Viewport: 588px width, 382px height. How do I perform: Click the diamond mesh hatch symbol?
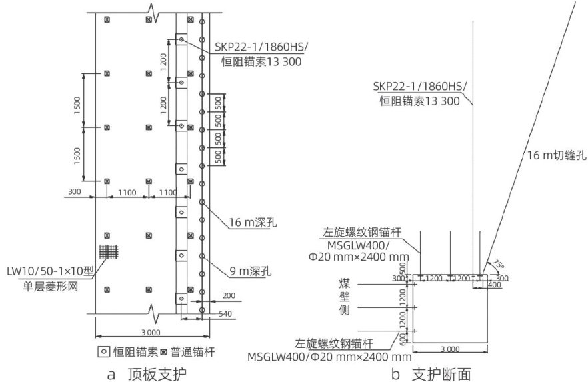pos(107,253)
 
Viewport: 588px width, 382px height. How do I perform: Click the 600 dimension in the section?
pos(402,339)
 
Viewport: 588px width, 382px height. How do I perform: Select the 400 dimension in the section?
pos(493,285)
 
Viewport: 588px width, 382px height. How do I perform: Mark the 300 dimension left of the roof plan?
pos(73,192)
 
